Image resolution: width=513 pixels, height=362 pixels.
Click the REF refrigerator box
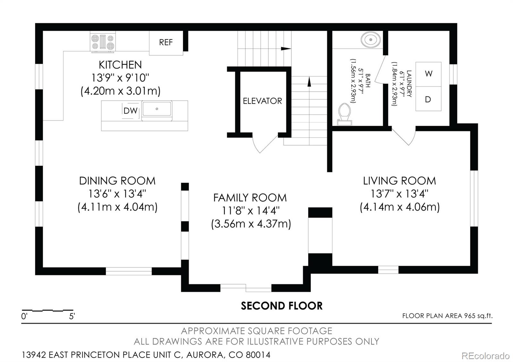[x=166, y=43]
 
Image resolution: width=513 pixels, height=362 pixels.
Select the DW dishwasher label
[x=130, y=111]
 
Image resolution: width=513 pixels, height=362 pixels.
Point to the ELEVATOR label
[x=262, y=101]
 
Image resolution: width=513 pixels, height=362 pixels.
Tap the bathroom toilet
[x=345, y=113]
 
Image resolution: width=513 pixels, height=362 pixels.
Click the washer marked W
[x=428, y=74]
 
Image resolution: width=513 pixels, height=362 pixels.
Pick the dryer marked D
[x=428, y=99]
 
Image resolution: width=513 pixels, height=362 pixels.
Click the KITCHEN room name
[x=120, y=65]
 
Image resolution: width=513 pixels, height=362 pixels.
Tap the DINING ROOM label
[x=117, y=181]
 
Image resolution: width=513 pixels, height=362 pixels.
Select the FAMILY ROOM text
[x=250, y=198]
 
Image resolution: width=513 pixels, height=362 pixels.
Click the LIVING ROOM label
[x=399, y=181]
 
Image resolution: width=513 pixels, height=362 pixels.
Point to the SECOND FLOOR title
[x=282, y=306]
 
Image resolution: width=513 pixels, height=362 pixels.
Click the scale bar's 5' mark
[x=72, y=316]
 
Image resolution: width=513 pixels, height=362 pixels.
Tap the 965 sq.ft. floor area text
[x=447, y=316]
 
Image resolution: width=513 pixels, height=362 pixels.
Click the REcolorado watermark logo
[x=485, y=356]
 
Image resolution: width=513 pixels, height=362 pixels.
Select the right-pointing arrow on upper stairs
[x=285, y=49]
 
